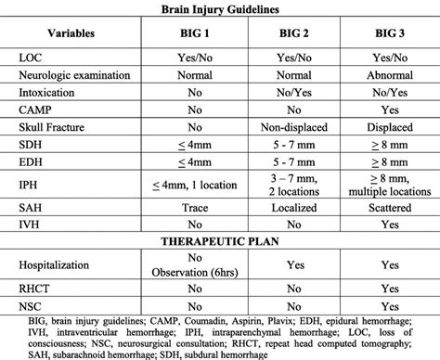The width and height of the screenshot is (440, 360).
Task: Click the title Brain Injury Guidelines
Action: [x=219, y=8]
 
